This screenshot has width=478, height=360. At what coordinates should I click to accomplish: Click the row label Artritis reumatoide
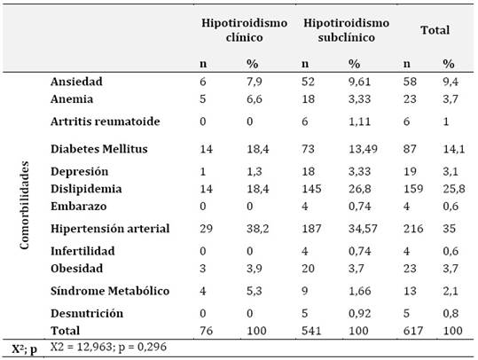(x=106, y=121)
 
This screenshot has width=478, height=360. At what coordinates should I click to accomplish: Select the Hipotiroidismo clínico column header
(x=244, y=30)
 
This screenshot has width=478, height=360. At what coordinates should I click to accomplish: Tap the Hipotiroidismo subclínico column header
(x=346, y=30)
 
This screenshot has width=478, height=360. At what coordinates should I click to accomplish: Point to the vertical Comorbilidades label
(x=24, y=205)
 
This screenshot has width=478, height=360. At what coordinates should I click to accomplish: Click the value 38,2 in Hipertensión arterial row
(x=257, y=228)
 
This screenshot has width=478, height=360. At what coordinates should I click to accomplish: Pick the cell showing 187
(x=311, y=228)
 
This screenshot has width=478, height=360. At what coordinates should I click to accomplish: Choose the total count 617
(x=413, y=331)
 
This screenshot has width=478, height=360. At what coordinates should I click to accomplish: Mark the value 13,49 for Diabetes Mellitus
(x=363, y=149)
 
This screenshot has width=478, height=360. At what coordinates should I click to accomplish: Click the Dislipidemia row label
(x=86, y=189)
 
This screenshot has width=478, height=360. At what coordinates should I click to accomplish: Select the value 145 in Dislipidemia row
(x=311, y=189)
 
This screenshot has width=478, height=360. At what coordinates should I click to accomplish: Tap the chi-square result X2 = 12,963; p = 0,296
(x=108, y=347)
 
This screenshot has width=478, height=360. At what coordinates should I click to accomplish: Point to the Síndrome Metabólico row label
(x=110, y=291)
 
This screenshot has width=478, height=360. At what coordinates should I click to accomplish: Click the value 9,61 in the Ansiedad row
(x=359, y=82)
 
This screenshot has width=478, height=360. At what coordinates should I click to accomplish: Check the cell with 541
(x=311, y=331)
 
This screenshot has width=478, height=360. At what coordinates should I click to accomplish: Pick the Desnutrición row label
(x=87, y=313)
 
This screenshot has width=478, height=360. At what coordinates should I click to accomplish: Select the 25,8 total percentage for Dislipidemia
(x=454, y=189)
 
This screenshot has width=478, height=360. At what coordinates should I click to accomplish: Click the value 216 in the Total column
(x=413, y=228)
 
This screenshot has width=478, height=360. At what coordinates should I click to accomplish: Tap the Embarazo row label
(x=79, y=206)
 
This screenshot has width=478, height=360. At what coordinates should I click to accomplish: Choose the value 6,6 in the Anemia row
(x=255, y=98)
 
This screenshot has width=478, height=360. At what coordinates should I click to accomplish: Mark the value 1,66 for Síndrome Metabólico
(x=359, y=291)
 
